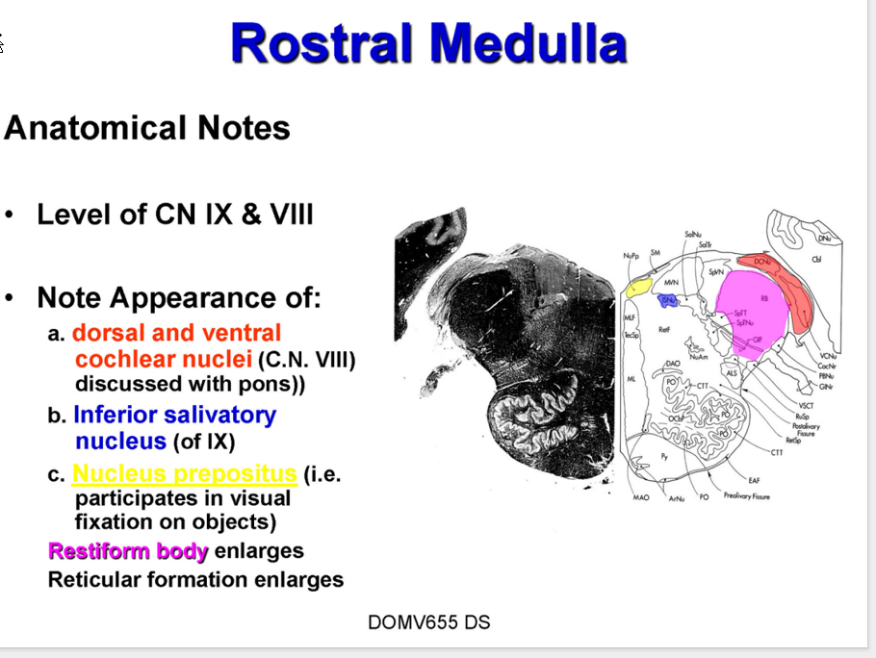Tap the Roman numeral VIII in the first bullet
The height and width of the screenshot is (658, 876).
point(291,214)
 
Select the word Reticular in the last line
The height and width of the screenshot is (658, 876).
point(99,580)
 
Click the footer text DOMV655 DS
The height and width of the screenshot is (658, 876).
point(428,622)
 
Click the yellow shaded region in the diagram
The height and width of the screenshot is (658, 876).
point(637,287)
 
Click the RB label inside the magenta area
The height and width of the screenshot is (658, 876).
point(764,299)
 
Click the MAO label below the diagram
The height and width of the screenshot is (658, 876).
point(642,498)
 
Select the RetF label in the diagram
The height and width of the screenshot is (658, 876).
point(664,329)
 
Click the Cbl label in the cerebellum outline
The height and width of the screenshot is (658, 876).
point(816,260)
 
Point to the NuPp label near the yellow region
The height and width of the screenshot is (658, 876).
point(631,257)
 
